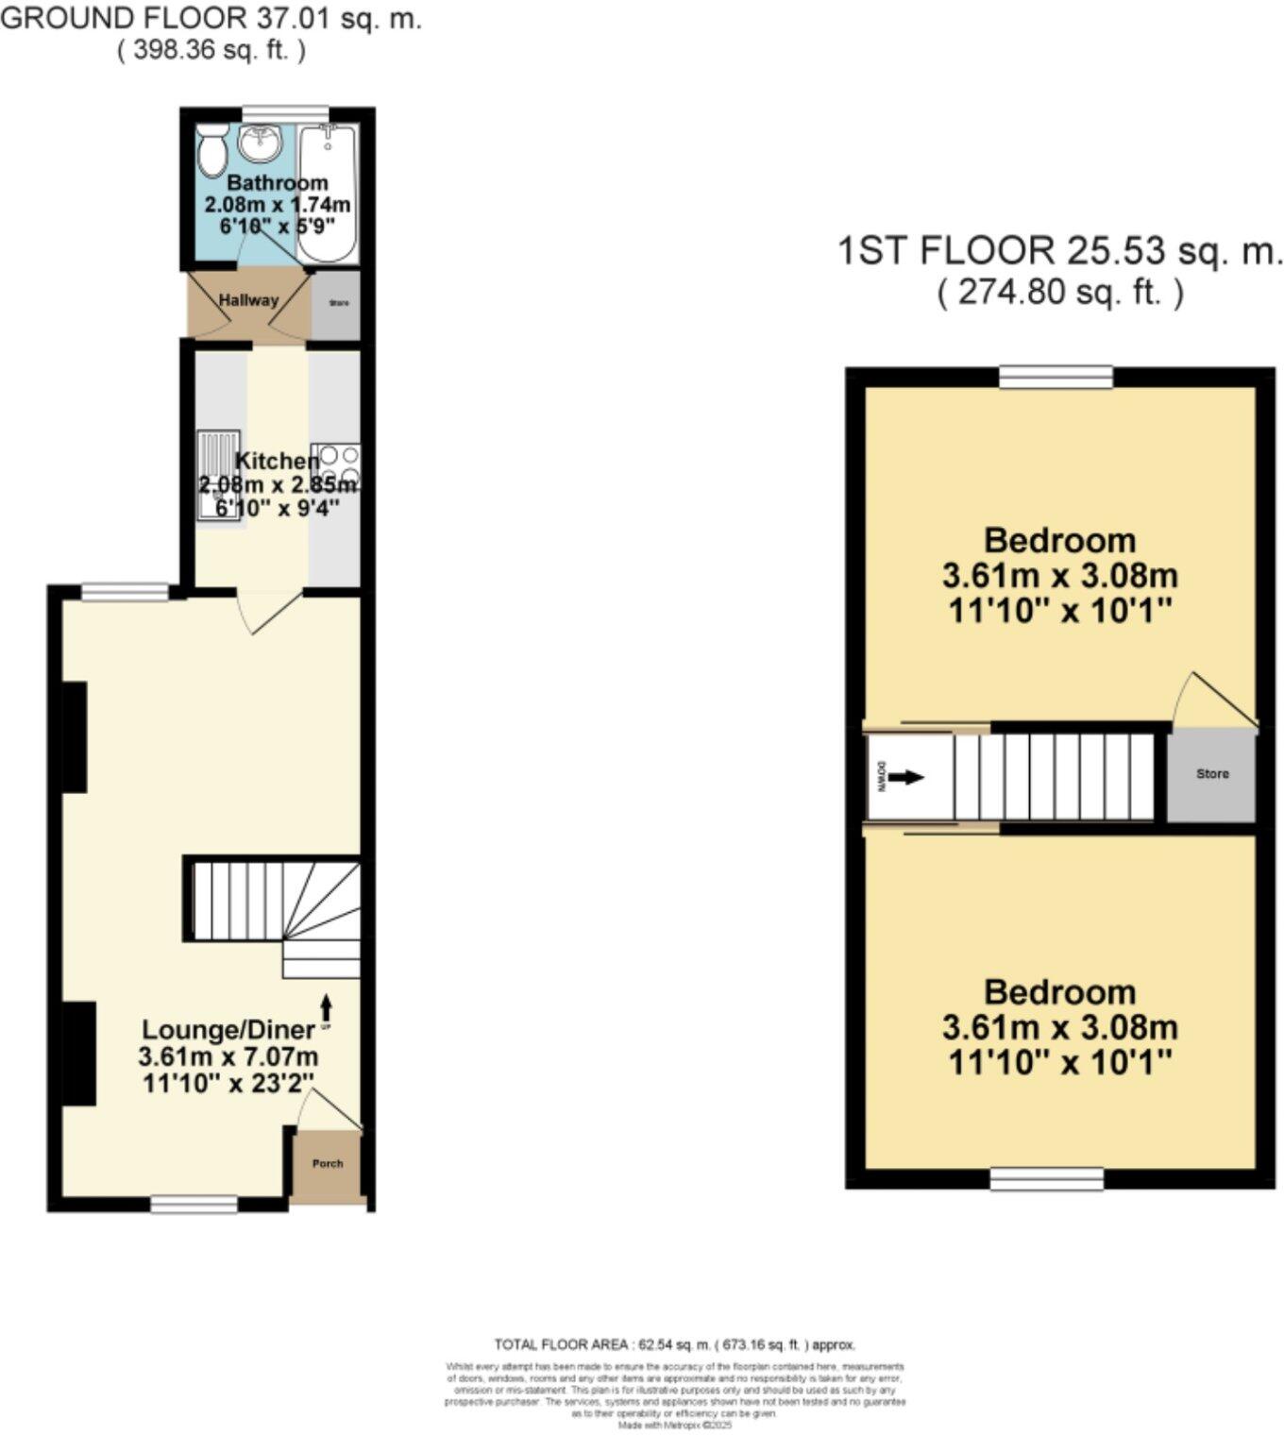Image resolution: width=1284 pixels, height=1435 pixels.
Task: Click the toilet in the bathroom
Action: [210, 149]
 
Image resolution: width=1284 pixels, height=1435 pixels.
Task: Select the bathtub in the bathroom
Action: [327, 194]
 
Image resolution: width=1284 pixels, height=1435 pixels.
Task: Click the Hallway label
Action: [248, 300]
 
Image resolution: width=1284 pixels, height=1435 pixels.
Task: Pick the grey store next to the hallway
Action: [337, 304]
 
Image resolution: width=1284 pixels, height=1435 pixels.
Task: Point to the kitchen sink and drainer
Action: [217, 475]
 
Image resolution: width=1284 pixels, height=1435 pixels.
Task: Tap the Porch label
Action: [328, 1164]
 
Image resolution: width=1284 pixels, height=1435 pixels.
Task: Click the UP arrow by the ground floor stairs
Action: [327, 1006]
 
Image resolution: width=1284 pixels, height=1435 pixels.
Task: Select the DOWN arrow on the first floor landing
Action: [904, 778]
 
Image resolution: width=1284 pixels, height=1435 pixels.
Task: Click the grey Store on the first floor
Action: [1212, 774]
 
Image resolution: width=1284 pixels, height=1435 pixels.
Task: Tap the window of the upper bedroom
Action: [1056, 378]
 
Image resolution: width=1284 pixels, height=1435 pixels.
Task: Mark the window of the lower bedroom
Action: [1047, 1178]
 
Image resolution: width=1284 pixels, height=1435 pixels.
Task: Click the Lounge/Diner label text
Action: [228, 1030]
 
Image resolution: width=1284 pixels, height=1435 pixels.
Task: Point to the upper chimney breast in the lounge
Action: [75, 736]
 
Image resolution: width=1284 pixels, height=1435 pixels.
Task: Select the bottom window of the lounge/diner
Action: [194, 1205]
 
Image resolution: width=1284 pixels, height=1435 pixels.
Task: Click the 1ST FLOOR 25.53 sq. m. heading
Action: [1060, 252]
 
